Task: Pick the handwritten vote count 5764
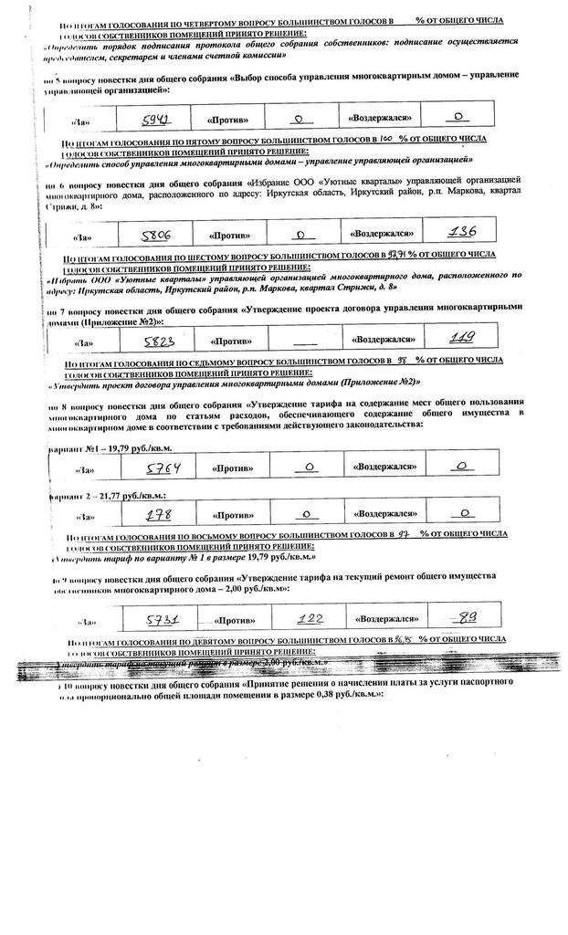pyautogui.click(x=165, y=468)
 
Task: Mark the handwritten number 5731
pyautogui.click(x=166, y=620)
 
